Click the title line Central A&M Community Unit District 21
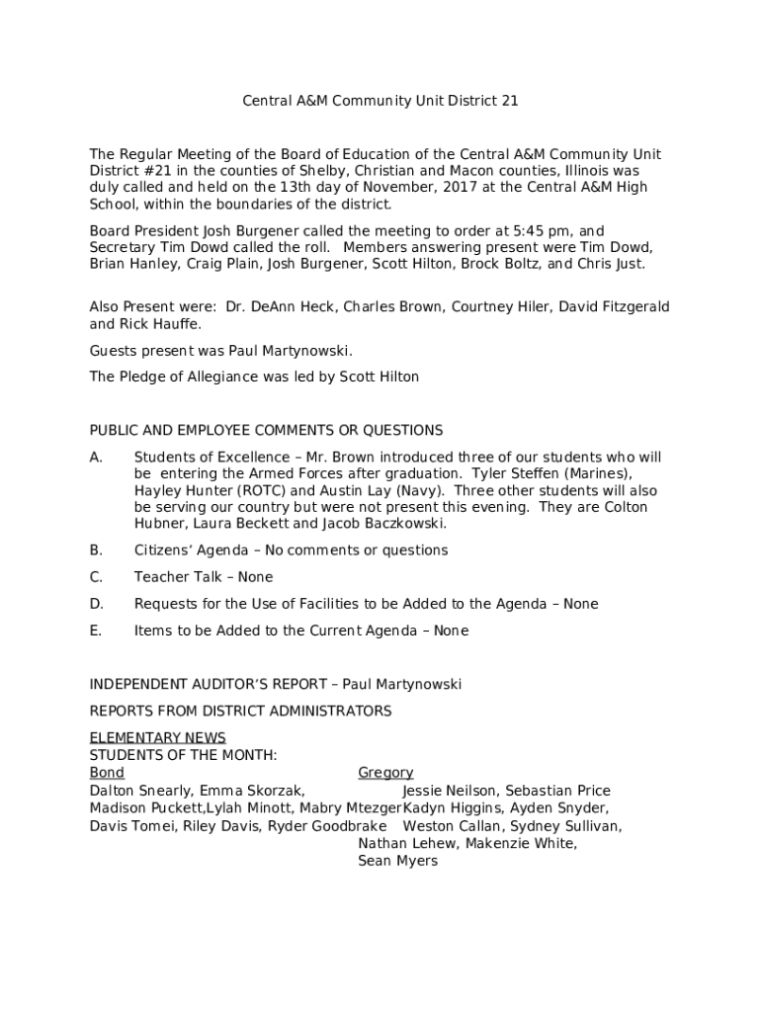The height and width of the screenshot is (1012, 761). tap(380, 101)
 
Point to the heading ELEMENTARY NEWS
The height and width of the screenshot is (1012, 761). tap(158, 738)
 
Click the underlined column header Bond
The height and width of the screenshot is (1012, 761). tap(107, 773)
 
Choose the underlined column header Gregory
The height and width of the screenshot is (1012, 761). tap(385, 773)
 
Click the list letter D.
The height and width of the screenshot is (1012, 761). tap(96, 604)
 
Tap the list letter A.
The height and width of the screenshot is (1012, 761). tap(96, 458)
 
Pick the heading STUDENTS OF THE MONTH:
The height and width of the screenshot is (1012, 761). tap(183, 756)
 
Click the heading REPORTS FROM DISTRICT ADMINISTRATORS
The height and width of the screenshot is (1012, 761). tap(240, 712)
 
